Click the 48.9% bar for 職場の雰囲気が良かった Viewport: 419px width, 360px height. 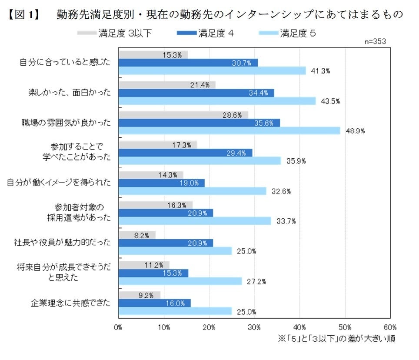229,130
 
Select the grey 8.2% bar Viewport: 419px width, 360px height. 136,235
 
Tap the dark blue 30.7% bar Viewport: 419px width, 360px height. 188,63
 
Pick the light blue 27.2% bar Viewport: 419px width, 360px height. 180,281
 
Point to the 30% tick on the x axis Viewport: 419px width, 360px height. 255,327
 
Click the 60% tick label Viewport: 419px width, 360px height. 390,327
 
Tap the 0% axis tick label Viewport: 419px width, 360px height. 119,327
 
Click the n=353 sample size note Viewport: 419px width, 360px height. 376,41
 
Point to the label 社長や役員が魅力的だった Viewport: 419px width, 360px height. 63,243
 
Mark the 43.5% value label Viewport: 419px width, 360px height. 330,101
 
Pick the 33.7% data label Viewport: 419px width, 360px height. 286,221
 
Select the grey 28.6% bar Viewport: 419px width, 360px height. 183,115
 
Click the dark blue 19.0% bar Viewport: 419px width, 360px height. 161,183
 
